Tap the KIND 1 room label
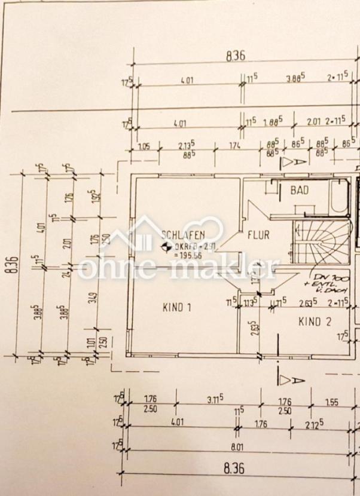coord(177,308)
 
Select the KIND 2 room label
coord(315,321)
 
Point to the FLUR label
coord(258,235)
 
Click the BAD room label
coord(300,191)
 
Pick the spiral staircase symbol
coord(320,241)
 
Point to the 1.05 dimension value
coord(144,146)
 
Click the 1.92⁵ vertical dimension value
coord(93,195)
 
